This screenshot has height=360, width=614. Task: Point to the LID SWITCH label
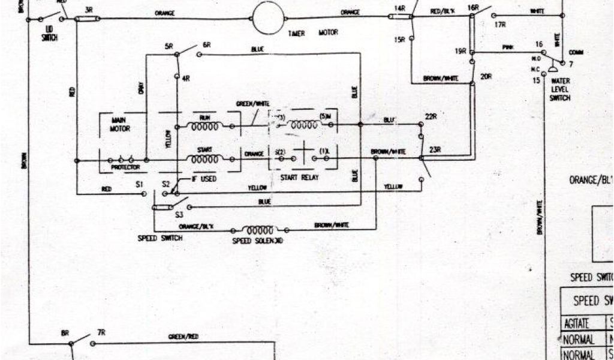(50, 34)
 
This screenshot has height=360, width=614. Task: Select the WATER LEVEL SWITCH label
(560, 89)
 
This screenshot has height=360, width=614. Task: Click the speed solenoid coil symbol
(260, 230)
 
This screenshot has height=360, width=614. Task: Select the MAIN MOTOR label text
(121, 124)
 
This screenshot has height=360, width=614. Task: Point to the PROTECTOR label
(125, 168)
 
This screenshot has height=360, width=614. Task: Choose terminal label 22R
(431, 116)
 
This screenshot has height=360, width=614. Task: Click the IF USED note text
(204, 179)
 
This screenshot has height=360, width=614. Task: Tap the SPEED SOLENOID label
(257, 241)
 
